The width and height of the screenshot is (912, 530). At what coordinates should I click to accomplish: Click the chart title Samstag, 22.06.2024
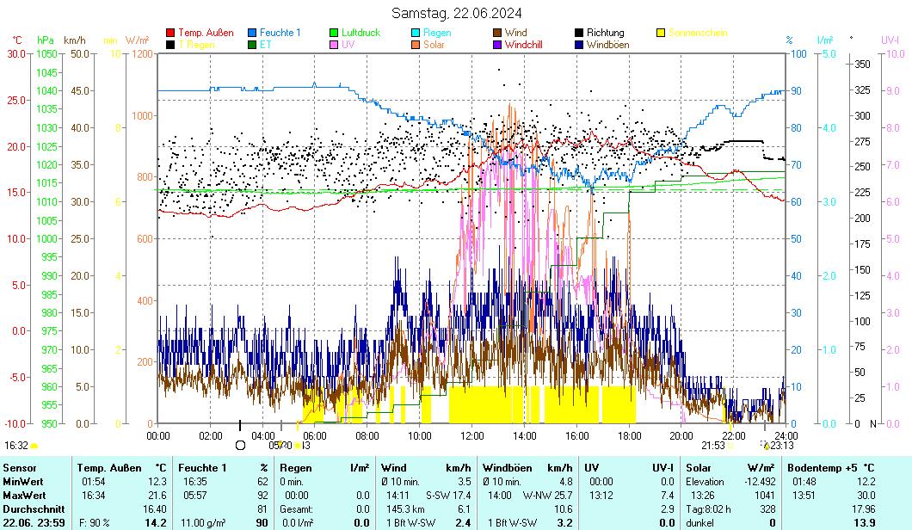coord(456,13)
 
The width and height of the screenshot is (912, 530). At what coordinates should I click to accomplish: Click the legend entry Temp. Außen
coord(206,33)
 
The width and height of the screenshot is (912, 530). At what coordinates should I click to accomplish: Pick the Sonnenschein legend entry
coord(697,33)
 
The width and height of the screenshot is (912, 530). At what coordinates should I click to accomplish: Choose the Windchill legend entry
coord(523,44)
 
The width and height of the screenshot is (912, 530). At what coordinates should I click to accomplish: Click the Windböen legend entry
coord(607,44)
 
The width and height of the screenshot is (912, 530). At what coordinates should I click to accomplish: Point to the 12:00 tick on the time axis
coord(472,435)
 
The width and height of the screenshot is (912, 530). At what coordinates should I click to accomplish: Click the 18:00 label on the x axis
coord(630,435)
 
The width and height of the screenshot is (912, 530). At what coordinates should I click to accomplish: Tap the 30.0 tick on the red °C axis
coord(16,53)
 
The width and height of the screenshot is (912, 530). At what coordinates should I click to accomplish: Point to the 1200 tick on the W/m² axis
coord(141,53)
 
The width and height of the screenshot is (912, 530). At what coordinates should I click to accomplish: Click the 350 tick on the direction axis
coord(862,64)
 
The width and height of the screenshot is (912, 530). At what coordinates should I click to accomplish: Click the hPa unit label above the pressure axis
coord(45,40)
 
